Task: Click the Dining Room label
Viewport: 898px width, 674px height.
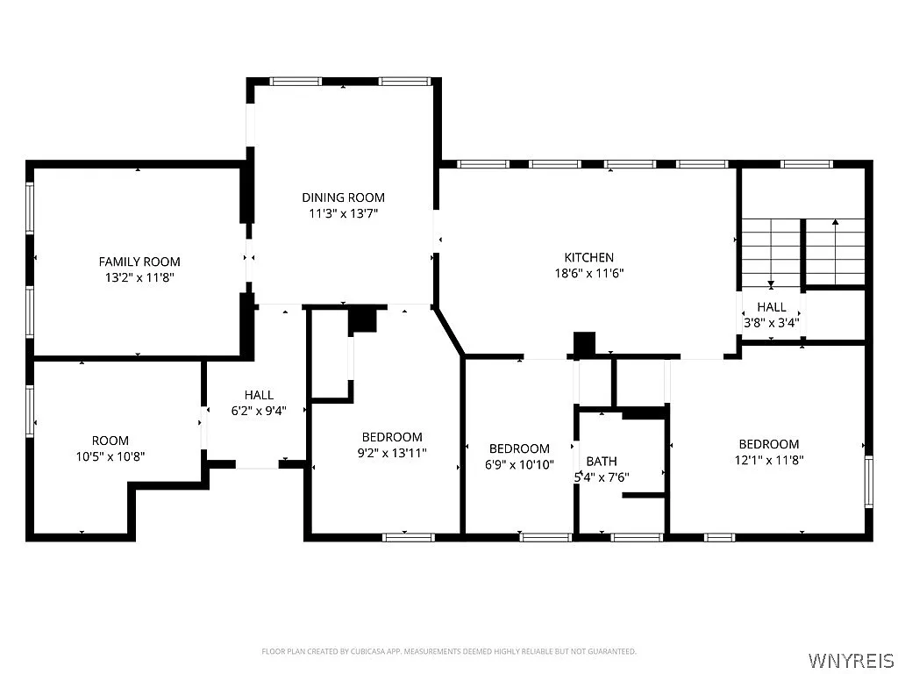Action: point(343,197)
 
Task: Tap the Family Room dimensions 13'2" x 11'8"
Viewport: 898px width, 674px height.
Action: point(139,277)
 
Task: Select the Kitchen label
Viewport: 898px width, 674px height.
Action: point(588,257)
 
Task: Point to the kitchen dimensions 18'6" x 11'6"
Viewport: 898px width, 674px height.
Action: point(588,273)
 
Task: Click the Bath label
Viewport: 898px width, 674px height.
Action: point(602,461)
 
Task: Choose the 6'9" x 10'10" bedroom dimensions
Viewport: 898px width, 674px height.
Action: point(519,465)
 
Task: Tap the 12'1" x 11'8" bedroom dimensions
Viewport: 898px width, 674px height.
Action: point(768,459)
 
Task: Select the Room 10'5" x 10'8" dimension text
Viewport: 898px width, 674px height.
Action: point(110,456)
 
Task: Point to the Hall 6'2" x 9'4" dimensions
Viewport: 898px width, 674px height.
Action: point(259,410)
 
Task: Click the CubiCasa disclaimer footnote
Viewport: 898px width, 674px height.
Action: point(449,651)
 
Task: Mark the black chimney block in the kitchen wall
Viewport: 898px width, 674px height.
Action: point(584,343)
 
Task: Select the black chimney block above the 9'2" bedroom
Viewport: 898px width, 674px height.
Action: point(362,319)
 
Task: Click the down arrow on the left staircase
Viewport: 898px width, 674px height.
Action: point(771,283)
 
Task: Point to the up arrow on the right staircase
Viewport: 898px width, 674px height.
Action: point(835,225)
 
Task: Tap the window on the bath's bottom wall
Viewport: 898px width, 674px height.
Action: point(636,537)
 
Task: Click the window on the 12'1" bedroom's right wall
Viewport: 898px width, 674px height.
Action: point(869,482)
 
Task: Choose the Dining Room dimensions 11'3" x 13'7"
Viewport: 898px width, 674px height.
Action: point(343,212)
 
